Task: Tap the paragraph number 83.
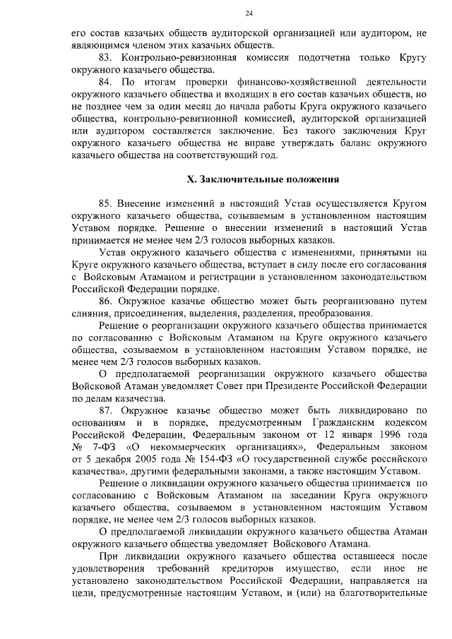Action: (x=107, y=57)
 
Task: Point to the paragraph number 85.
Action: (x=107, y=204)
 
